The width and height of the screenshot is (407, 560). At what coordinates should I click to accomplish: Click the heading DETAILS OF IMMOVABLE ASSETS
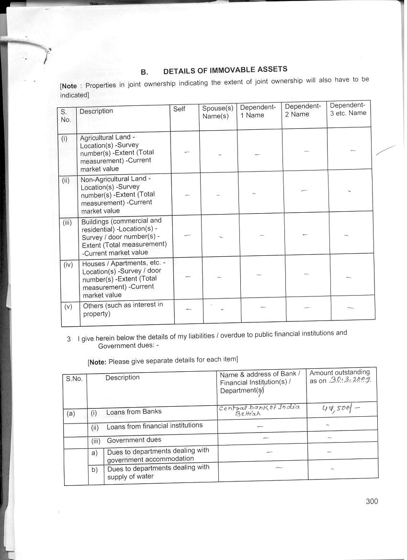pyautogui.click(x=225, y=70)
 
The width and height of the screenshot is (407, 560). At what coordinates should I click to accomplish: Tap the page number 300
pyautogui.click(x=372, y=501)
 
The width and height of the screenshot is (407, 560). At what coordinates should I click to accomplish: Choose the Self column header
pyautogui.click(x=179, y=109)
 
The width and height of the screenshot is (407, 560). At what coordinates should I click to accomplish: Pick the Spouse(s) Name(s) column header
pyautogui.click(x=217, y=112)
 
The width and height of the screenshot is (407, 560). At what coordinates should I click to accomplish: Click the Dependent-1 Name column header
pyautogui.click(x=258, y=111)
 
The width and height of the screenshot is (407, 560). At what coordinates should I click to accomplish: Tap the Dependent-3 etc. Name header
pyautogui.click(x=348, y=109)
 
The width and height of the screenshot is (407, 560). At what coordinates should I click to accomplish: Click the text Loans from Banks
pyautogui.click(x=134, y=411)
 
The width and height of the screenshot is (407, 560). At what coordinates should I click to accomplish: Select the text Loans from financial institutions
pyautogui.click(x=154, y=425)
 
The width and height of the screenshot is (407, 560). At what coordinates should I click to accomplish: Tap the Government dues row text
pyautogui.click(x=134, y=440)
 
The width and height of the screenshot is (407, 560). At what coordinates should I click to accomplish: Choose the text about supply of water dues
pyautogui.click(x=158, y=472)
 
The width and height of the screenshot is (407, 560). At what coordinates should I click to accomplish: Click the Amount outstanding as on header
pyautogui.click(x=340, y=377)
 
